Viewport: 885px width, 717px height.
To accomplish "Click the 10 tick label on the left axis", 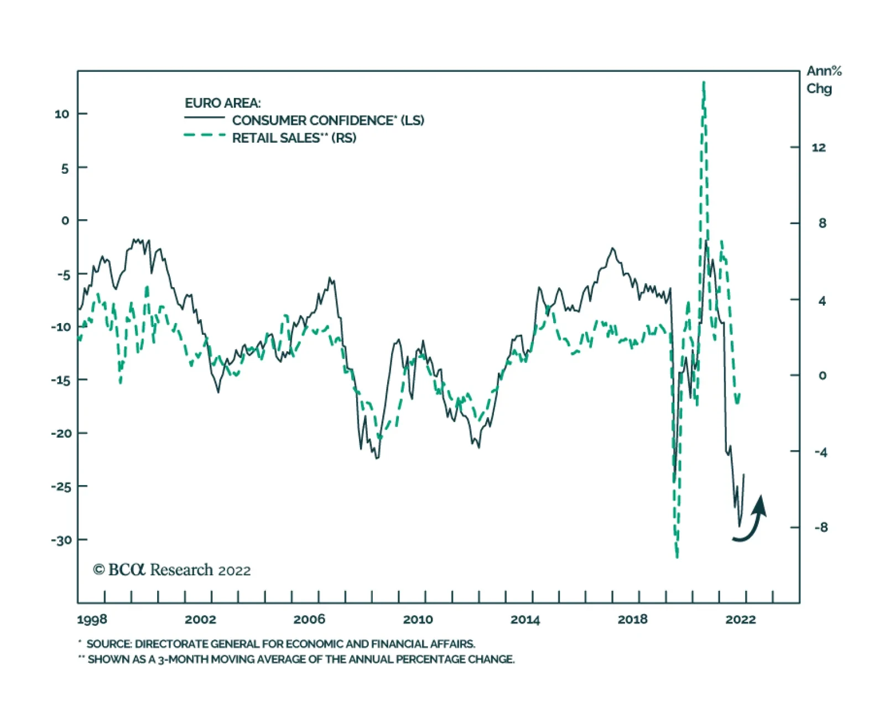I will point(62,114).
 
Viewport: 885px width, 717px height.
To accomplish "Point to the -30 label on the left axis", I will point(61,540).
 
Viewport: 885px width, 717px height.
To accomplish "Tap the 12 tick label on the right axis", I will point(819,147).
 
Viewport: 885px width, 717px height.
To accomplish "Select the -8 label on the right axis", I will point(821,527).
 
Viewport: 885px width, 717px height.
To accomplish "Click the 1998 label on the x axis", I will point(92,619).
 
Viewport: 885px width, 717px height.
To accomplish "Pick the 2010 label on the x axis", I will point(418,619).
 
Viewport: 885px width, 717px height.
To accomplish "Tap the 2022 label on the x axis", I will point(740,619).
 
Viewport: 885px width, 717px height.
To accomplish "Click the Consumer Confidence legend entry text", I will point(328,121).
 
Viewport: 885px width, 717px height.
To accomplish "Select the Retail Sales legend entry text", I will point(294,138).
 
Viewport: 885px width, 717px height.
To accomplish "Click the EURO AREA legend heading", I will point(222,103).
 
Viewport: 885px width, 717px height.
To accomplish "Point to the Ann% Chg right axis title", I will point(823,80).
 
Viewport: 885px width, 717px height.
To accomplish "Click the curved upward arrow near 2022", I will point(753,520).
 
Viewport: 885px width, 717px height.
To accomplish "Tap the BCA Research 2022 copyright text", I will point(172,570).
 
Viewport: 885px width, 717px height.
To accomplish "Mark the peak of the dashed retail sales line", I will point(704,83).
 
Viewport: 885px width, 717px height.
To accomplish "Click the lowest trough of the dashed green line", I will point(677,555).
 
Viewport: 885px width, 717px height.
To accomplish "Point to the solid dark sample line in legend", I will point(205,118).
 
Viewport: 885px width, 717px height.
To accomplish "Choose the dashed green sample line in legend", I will point(205,135).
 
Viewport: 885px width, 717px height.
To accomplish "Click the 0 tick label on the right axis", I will point(822,376).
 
